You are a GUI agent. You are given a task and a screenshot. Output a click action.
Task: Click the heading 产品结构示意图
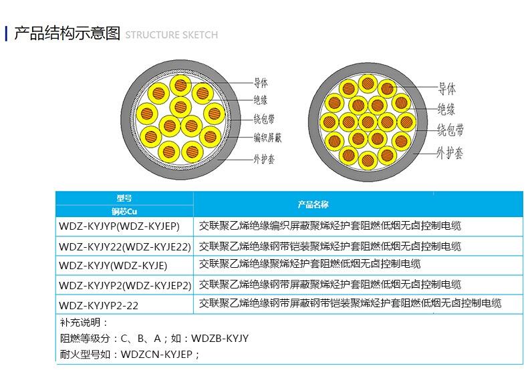[67, 33]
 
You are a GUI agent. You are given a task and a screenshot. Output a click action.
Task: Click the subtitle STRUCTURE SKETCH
[172, 35]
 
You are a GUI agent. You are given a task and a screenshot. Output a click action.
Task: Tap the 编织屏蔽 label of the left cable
[267, 138]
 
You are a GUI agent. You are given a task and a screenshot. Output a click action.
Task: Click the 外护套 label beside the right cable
[450, 153]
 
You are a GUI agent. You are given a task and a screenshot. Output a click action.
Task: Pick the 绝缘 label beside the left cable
[260, 101]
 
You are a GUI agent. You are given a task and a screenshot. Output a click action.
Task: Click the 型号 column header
[124, 198]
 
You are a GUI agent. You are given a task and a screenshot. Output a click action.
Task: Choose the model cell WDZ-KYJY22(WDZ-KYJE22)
[125, 246]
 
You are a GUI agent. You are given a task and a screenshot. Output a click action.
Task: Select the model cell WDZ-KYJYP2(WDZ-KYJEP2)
[125, 285]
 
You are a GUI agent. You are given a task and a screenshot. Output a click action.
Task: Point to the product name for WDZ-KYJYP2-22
[350, 304]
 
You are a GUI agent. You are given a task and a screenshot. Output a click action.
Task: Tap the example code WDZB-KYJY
[220, 339]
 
